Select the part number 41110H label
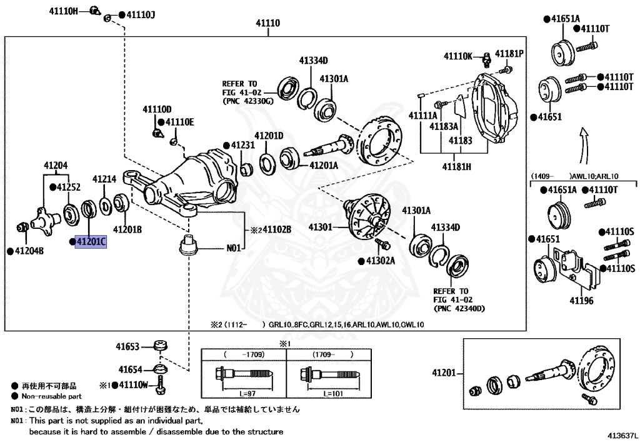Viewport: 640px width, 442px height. coord(65,11)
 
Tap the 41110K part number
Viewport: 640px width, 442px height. coord(458,56)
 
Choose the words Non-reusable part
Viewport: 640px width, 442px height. coord(51,396)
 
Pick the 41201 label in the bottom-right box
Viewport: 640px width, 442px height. coord(444,373)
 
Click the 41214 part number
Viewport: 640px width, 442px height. coord(104,179)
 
